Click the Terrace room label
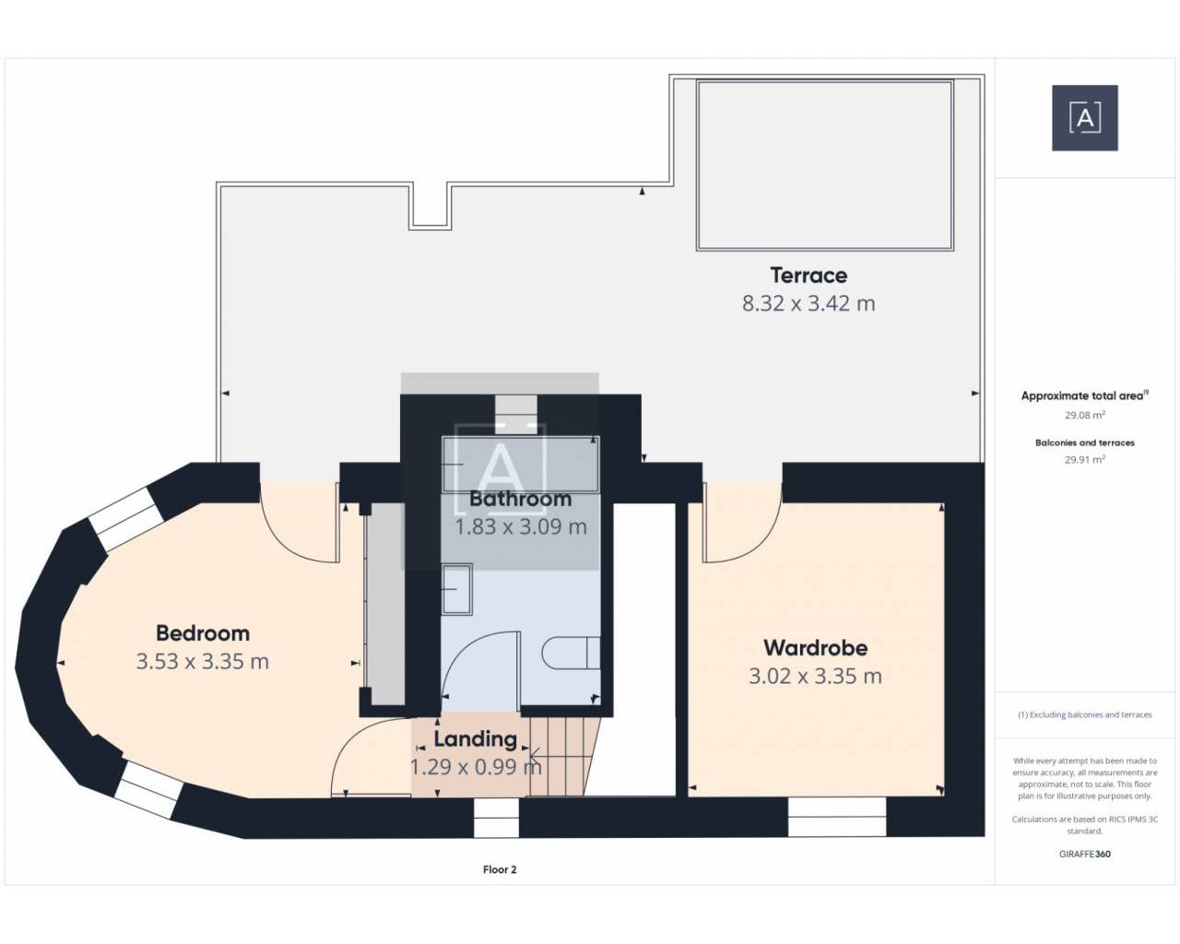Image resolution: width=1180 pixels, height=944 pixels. click(x=808, y=275)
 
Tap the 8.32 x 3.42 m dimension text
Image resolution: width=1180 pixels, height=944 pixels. click(x=808, y=303)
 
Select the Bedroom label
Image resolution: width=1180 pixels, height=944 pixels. click(x=203, y=633)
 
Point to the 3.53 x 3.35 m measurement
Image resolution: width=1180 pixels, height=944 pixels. click(x=202, y=662)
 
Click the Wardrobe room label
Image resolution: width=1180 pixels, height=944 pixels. click(x=815, y=648)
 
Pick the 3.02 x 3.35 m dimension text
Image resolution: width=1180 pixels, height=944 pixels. click(x=815, y=677)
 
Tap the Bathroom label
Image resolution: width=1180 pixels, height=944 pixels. click(x=520, y=499)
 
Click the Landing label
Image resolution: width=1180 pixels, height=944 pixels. click(x=476, y=739)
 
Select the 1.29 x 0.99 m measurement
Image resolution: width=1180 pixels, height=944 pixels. click(x=476, y=767)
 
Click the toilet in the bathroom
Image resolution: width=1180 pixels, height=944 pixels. click(x=571, y=653)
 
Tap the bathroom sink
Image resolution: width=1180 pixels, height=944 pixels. click(x=457, y=589)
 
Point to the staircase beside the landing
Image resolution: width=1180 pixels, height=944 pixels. click(x=562, y=757)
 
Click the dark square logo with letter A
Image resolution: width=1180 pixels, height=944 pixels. click(x=1085, y=118)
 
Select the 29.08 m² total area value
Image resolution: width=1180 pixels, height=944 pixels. click(x=1085, y=415)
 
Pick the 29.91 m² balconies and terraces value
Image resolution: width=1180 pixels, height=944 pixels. click(x=1085, y=460)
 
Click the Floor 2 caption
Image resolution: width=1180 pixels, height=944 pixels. click(x=500, y=869)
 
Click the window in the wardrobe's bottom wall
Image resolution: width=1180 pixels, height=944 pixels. click(x=837, y=817)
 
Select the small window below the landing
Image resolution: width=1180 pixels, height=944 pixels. click(x=496, y=818)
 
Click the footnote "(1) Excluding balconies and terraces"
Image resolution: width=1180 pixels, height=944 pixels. click(x=1085, y=714)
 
